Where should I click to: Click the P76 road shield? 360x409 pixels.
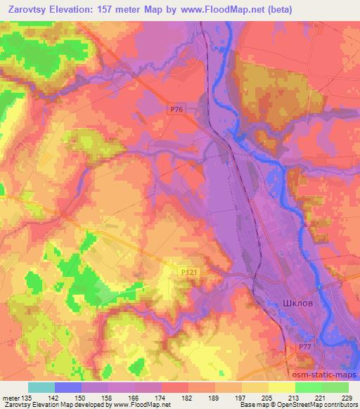tap(178, 109)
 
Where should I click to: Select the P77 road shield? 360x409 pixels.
tap(302, 346)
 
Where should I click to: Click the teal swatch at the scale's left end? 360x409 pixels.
tap(41, 387)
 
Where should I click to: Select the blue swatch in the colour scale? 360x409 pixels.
tap(68, 387)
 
